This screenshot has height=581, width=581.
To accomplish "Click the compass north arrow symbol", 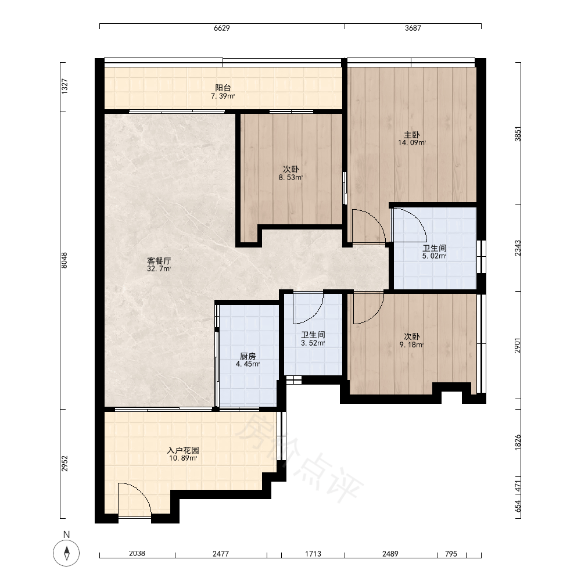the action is coord(66,553).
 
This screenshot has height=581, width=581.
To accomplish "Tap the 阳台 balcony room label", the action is coord(223,88).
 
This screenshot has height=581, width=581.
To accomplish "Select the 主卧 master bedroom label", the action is coord(412,135).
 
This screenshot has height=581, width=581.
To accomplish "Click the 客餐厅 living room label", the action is coord(159,261).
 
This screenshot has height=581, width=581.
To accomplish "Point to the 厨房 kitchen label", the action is coord(248,356).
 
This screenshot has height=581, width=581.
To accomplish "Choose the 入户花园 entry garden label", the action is coord(183,450).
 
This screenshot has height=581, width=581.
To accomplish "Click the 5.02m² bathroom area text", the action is coord(434,256).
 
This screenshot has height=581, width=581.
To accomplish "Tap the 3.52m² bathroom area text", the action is coord(313,343).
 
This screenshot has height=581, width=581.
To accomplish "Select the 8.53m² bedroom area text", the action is coord(291,177).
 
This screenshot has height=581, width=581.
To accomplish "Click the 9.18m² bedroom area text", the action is coord(412,345).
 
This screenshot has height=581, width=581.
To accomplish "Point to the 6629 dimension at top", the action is coord(221,28).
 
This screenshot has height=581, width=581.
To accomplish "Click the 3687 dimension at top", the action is coord(413,28).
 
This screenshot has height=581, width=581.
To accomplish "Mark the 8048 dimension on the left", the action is coord(64,260).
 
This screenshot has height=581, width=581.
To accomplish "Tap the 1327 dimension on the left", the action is coord(64,87).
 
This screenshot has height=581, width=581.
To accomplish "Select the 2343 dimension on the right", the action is coord(518,248).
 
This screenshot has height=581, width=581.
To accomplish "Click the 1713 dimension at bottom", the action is coord(313,554).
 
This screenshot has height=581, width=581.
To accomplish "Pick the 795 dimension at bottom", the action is coord(451,554).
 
